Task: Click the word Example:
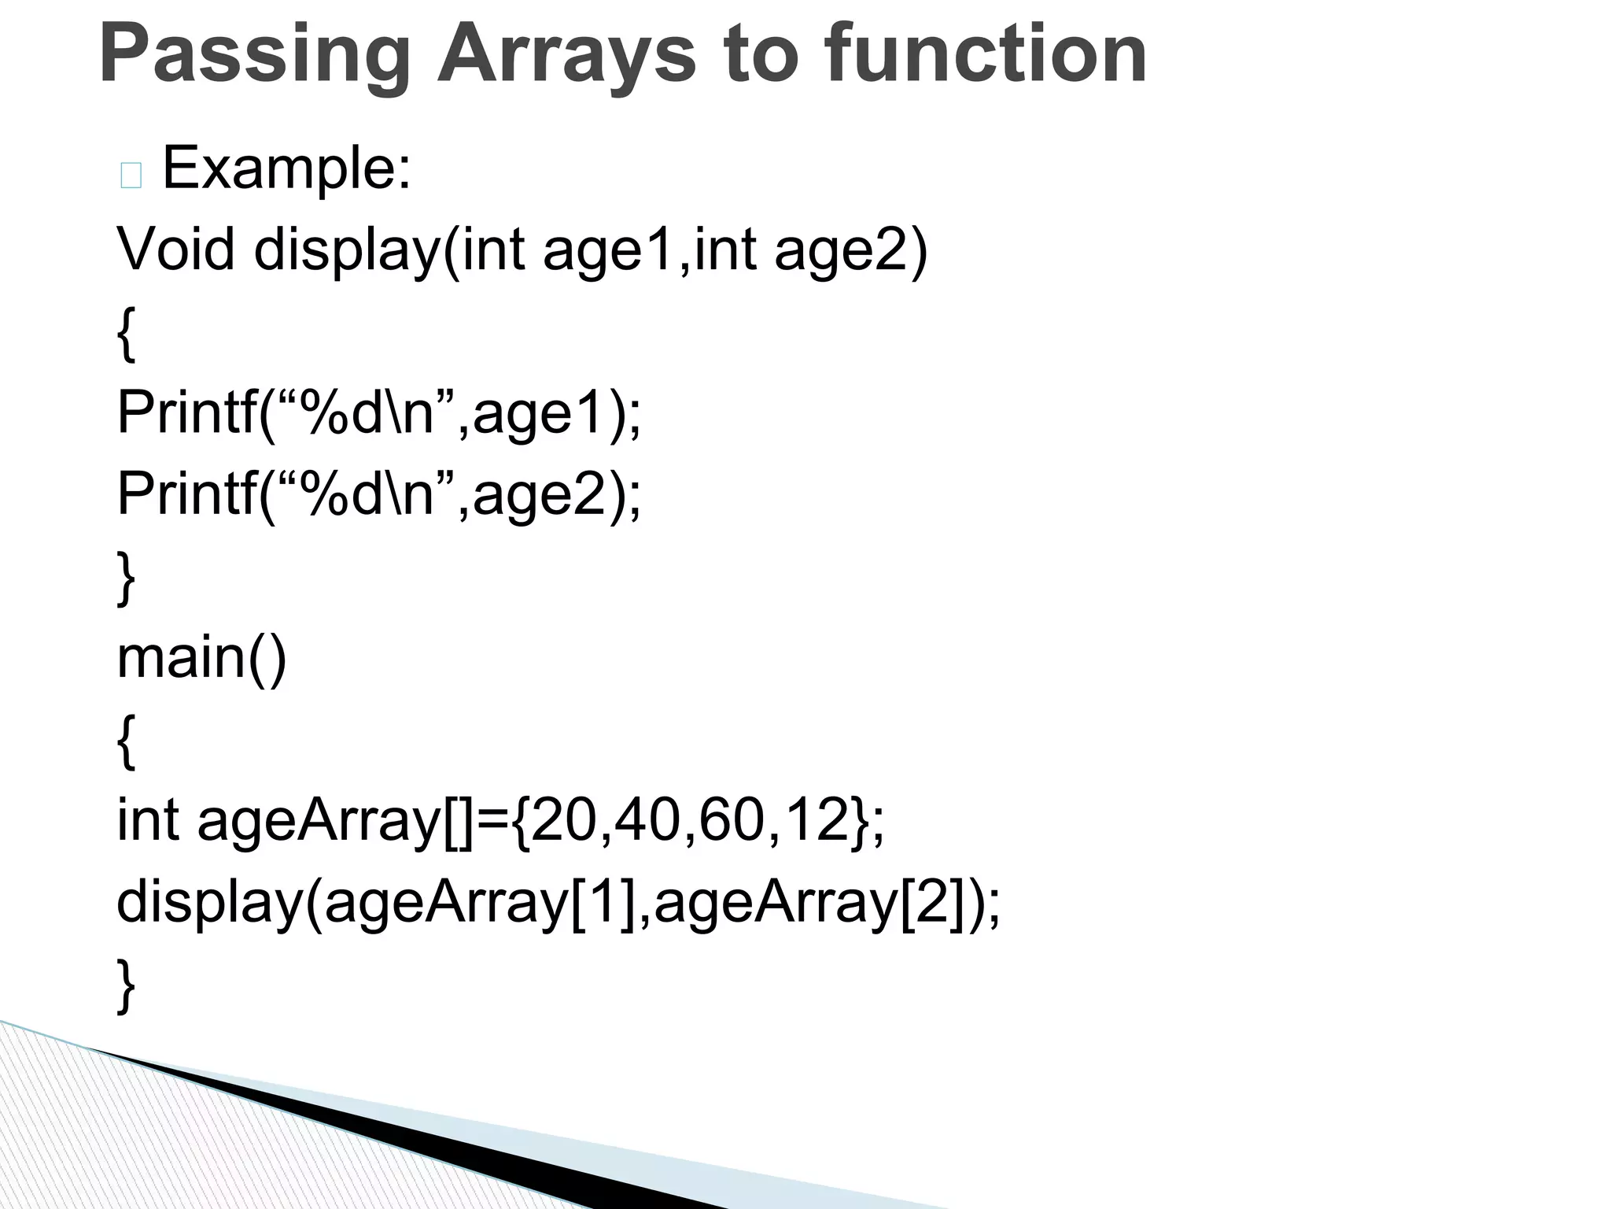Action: pos(286,168)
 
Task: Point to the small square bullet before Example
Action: pos(131,176)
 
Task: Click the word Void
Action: pos(175,250)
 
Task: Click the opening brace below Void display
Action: pos(126,334)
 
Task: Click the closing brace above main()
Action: pos(126,578)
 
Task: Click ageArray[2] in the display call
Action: pos(810,904)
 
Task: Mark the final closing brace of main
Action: pos(126,984)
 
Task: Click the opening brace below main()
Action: pos(126,741)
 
